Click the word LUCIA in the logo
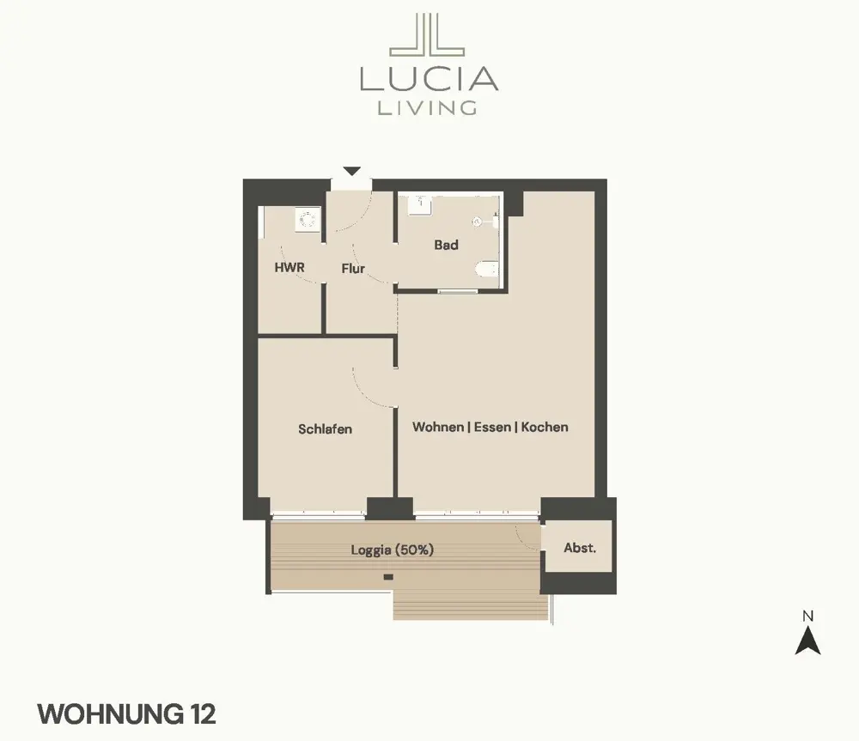pyautogui.click(x=429, y=79)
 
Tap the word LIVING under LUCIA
pyautogui.click(x=427, y=107)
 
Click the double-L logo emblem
pyautogui.click(x=427, y=34)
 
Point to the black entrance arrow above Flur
pyautogui.click(x=351, y=171)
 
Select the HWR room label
pyautogui.click(x=289, y=267)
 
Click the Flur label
pyautogui.click(x=353, y=269)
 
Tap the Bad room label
pyautogui.click(x=446, y=245)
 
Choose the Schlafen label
pyautogui.click(x=325, y=428)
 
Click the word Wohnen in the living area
pyautogui.click(x=438, y=427)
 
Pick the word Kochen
pyautogui.click(x=545, y=427)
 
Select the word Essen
pyautogui.click(x=492, y=427)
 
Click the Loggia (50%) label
pyautogui.click(x=393, y=550)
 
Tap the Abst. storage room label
pyautogui.click(x=580, y=548)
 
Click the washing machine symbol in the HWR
pyautogui.click(x=308, y=219)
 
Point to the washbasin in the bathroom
pyautogui.click(x=420, y=205)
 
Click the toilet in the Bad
pyautogui.click(x=487, y=270)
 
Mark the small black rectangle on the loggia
pyautogui.click(x=388, y=577)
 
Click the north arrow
pyautogui.click(x=808, y=641)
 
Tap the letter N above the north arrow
pyautogui.click(x=808, y=616)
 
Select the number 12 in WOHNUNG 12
pyautogui.click(x=204, y=714)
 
